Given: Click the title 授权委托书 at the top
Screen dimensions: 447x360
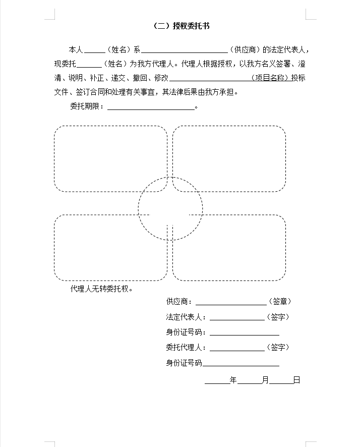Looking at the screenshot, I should pyautogui.click(x=181, y=26).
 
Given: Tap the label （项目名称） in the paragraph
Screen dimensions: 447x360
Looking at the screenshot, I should pyautogui.click(x=271, y=78).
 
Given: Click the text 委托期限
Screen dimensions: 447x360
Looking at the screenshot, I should pyautogui.click(x=86, y=107).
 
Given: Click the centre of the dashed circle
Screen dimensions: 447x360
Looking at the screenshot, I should pyautogui.click(x=170, y=208).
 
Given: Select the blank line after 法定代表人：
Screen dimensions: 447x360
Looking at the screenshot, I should pyautogui.click(x=237, y=317).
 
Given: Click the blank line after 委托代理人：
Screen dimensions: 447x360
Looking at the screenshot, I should pyautogui.click(x=237, y=348).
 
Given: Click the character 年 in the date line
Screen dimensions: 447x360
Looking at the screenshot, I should pyautogui.click(x=233, y=380).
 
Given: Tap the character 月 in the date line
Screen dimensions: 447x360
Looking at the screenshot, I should pyautogui.click(x=265, y=380).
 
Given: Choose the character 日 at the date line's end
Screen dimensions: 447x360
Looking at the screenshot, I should pyautogui.click(x=297, y=380).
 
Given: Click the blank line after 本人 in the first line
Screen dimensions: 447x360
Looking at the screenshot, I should pyautogui.click(x=94, y=50).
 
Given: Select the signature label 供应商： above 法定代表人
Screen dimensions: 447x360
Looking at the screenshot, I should pyautogui.click(x=179, y=302).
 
